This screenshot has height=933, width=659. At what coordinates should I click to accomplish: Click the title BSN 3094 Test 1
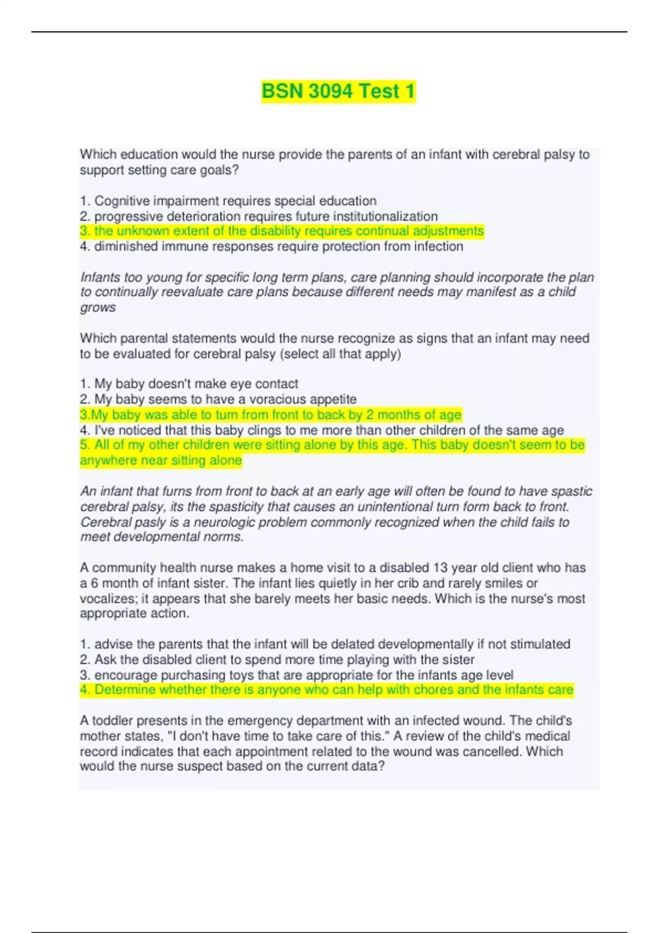[338, 91]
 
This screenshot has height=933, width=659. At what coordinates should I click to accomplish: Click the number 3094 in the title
[329, 91]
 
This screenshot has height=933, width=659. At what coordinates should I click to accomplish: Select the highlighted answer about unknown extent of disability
[282, 231]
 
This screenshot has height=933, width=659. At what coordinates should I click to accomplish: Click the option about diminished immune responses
[271, 246]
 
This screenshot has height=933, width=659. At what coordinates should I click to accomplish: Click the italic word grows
[98, 307]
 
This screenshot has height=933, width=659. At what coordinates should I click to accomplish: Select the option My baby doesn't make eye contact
[189, 384]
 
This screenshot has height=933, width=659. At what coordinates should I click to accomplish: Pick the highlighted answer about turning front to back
[271, 414]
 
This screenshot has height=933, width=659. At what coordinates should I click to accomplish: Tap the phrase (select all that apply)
[340, 354]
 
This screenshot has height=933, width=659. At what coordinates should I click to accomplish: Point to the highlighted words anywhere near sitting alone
[161, 460]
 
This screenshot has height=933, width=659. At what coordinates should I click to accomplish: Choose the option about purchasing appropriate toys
[297, 675]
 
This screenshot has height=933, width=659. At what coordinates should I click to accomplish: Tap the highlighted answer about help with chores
[327, 690]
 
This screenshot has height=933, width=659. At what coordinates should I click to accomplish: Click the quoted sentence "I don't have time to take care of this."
[275, 736]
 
